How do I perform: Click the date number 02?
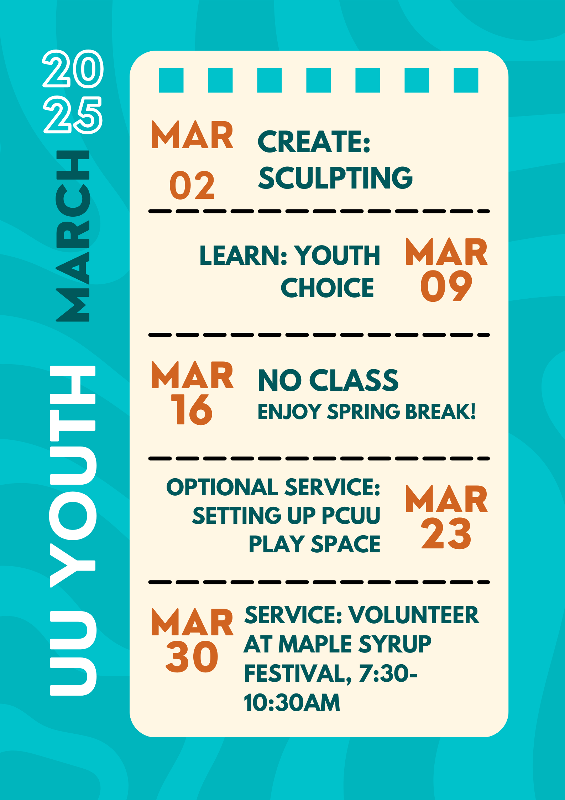click(192, 185)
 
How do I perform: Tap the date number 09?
click(446, 286)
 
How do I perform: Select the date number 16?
click(192, 409)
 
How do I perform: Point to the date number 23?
click(446, 533)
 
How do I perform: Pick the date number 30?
click(192, 656)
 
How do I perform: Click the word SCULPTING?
click(335, 178)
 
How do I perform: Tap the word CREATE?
click(314, 141)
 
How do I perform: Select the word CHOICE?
click(327, 288)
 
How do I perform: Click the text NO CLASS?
click(328, 380)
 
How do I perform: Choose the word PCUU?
click(351, 515)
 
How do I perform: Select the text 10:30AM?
click(292, 702)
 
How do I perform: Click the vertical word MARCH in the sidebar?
click(73, 236)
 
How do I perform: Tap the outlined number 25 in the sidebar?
click(73, 115)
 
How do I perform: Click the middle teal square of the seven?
click(319, 80)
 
